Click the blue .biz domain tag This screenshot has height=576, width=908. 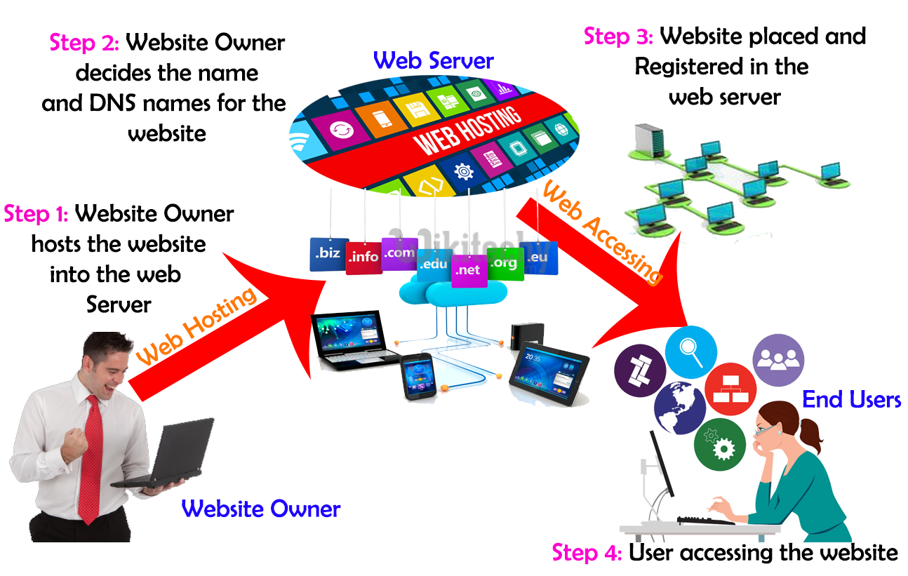point(329,254)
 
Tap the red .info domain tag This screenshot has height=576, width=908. point(364,257)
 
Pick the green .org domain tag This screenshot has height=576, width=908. point(504,264)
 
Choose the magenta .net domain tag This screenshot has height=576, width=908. point(469,269)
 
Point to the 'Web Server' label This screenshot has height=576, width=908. point(434,60)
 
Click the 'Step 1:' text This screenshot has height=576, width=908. point(36,213)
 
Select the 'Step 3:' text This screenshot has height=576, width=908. point(618,36)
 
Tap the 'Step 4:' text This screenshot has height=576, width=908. point(587,553)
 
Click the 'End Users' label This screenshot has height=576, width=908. point(851,400)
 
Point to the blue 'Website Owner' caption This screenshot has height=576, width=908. point(261,509)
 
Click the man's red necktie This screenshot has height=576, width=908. point(92,456)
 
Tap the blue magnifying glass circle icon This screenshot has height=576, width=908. point(690,351)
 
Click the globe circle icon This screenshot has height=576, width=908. point(679,407)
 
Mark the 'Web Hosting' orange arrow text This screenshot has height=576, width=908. point(197,328)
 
